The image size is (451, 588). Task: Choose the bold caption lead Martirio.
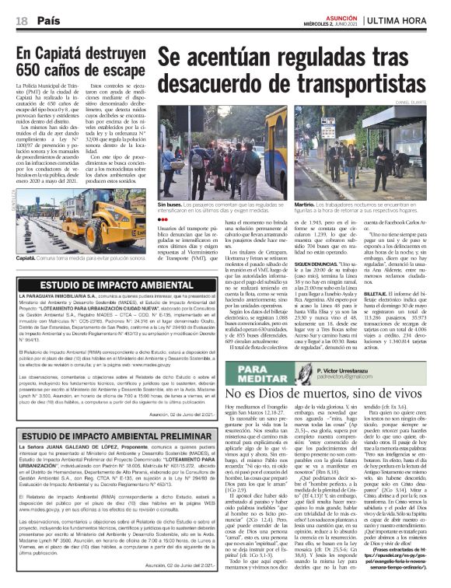pyautogui.click(x=307, y=203)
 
